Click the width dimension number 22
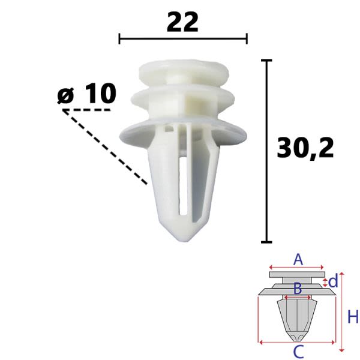tap(182, 22)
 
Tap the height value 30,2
tap(305, 148)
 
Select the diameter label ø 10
tap(87, 94)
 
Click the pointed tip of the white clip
tap(183, 241)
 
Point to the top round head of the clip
tap(184, 71)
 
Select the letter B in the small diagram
tap(298, 289)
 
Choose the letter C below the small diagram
tap(299, 352)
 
